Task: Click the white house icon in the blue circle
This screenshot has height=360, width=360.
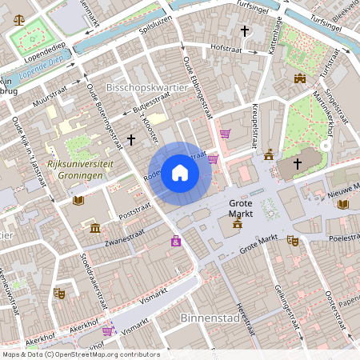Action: click(x=180, y=173)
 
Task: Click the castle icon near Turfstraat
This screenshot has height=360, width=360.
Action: click(x=300, y=78)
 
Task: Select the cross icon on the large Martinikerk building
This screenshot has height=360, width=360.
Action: click(x=298, y=163)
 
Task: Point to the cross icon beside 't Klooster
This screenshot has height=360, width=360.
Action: click(x=131, y=139)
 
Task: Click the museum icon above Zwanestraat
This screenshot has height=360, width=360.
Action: click(x=95, y=230)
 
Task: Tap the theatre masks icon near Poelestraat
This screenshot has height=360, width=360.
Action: click(x=293, y=240)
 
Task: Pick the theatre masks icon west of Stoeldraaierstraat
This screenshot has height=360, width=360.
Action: click(x=58, y=294)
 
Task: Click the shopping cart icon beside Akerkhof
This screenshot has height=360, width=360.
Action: click(x=107, y=330)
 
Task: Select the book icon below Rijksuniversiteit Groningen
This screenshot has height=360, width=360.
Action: click(x=78, y=200)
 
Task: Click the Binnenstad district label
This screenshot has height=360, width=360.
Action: click(x=205, y=317)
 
